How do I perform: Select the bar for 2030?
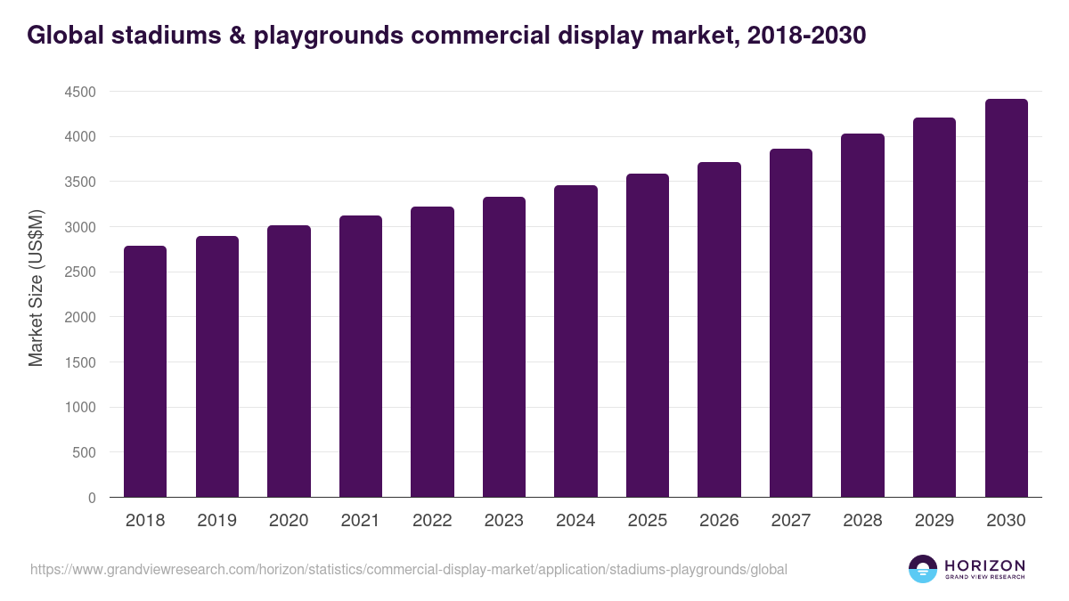(x=1006, y=298)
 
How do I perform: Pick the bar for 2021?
(x=361, y=356)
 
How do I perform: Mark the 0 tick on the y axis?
(x=91, y=498)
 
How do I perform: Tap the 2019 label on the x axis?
(x=216, y=521)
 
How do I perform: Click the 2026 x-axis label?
(x=719, y=521)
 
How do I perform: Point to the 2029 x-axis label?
(x=934, y=521)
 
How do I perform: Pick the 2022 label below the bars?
(x=432, y=521)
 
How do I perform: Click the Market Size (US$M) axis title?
(x=36, y=288)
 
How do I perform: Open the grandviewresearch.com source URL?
(x=409, y=569)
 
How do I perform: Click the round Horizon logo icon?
(x=923, y=569)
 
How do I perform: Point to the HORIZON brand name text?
(x=984, y=565)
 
